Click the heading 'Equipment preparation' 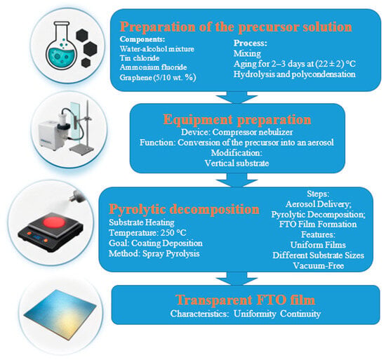(x=237, y=120)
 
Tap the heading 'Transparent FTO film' (x=246, y=300)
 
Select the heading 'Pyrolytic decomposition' (x=184, y=210)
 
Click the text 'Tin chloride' (x=140, y=58)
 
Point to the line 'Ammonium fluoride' (x=153, y=67)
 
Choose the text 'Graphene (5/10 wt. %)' (x=158, y=77)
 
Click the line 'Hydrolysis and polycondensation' (x=295, y=74)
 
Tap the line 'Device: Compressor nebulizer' (x=237, y=132)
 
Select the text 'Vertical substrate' (x=237, y=163)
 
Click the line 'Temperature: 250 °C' (x=147, y=233)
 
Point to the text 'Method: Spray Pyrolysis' (x=154, y=253)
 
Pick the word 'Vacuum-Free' (x=319, y=266)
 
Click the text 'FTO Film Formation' (x=318, y=225)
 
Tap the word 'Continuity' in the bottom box (x=300, y=314)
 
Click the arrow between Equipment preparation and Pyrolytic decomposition (x=237, y=180)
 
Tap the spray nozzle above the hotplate (x=77, y=196)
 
